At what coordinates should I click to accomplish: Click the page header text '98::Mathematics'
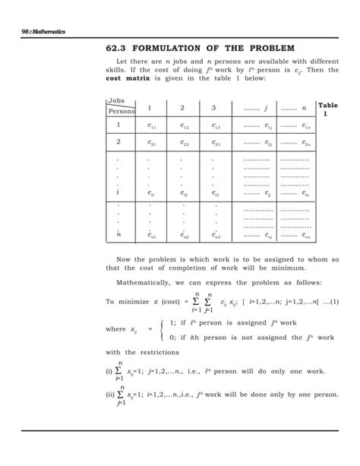click(x=48, y=31)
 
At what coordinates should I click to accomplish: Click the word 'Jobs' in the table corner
click(x=116, y=100)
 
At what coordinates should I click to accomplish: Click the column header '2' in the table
click(x=182, y=107)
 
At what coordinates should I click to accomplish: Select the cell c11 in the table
click(x=152, y=126)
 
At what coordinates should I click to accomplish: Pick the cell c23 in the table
click(x=216, y=143)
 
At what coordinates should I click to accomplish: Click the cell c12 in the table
click(x=185, y=126)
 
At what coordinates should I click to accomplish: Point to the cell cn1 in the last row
click(x=152, y=237)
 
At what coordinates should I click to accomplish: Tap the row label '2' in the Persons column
click(x=118, y=142)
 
